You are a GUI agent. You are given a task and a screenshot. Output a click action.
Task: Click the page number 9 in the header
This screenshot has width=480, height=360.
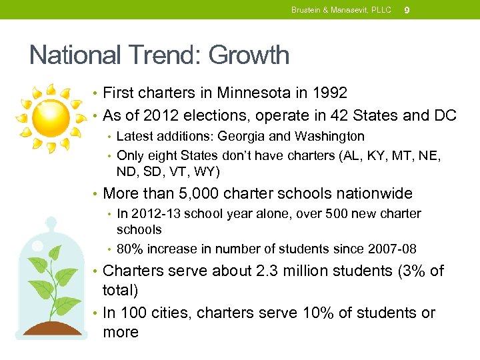(407, 10)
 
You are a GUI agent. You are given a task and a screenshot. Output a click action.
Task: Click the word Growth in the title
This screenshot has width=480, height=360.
(249, 55)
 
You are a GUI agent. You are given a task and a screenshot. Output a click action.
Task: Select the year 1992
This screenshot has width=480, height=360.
(329, 93)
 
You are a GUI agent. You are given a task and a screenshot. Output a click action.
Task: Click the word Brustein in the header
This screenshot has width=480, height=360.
(305, 10)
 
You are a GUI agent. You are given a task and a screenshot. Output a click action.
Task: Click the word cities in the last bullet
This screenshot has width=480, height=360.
(165, 313)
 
